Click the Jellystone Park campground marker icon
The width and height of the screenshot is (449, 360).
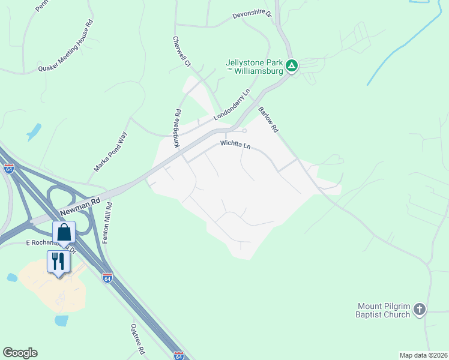click(x=292, y=65)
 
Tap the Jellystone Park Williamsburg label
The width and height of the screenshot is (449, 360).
click(x=255, y=66)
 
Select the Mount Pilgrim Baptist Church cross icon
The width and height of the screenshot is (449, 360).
click(x=420, y=310)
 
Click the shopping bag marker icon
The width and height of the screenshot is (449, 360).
click(x=63, y=232)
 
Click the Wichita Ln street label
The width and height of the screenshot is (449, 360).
click(x=235, y=145)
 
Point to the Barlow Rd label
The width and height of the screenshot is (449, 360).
click(x=268, y=120)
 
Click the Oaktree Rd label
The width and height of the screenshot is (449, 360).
click(x=138, y=338)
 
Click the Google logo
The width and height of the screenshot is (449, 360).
click(x=20, y=353)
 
